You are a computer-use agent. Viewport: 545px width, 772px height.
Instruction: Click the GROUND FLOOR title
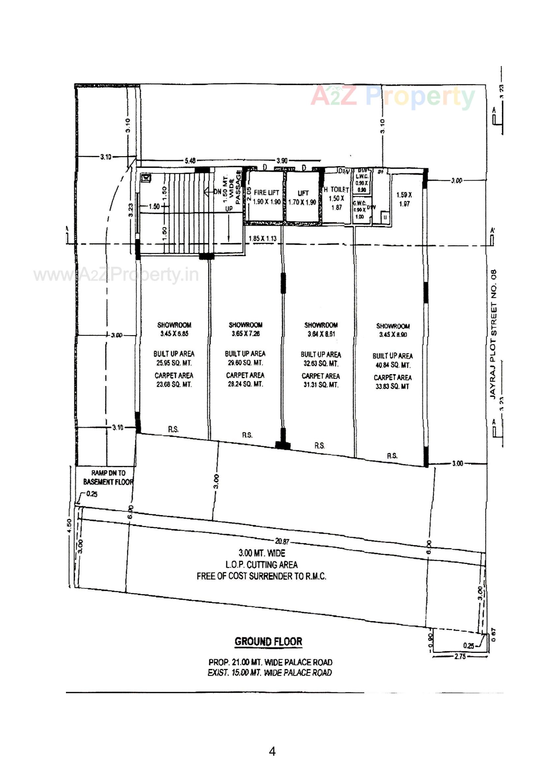tap(268, 642)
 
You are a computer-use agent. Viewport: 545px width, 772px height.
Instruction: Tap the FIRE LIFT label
tap(266, 192)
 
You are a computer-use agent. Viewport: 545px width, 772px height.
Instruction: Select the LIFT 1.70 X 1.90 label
tap(302, 198)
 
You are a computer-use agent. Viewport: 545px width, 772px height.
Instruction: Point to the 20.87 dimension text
tap(282, 541)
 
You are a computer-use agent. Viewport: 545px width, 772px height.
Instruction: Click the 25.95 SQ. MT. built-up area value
tap(174, 363)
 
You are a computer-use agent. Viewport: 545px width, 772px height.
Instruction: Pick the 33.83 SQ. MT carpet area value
tap(392, 387)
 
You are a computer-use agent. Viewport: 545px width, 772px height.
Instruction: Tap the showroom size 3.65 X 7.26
tap(246, 333)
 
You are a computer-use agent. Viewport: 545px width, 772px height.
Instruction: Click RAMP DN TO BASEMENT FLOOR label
tap(108, 477)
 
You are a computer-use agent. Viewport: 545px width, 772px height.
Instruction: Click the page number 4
tap(272, 751)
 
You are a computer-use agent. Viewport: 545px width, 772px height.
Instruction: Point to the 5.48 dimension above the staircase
tap(190, 161)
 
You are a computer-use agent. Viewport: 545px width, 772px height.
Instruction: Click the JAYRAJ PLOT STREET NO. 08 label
tap(493, 334)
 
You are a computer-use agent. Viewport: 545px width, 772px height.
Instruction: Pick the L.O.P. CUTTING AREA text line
tap(261, 565)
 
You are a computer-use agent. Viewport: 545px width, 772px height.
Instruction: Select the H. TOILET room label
tap(337, 190)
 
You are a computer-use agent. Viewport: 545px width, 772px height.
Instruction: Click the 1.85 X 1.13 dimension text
tap(262, 238)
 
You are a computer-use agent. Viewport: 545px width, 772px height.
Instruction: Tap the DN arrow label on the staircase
tap(217, 192)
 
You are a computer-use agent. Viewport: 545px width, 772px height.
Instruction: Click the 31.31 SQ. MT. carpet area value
tap(321, 385)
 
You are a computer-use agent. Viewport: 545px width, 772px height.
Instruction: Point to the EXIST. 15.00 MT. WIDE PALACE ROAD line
tap(270, 673)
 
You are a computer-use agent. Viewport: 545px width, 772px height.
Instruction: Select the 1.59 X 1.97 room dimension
tap(404, 199)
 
